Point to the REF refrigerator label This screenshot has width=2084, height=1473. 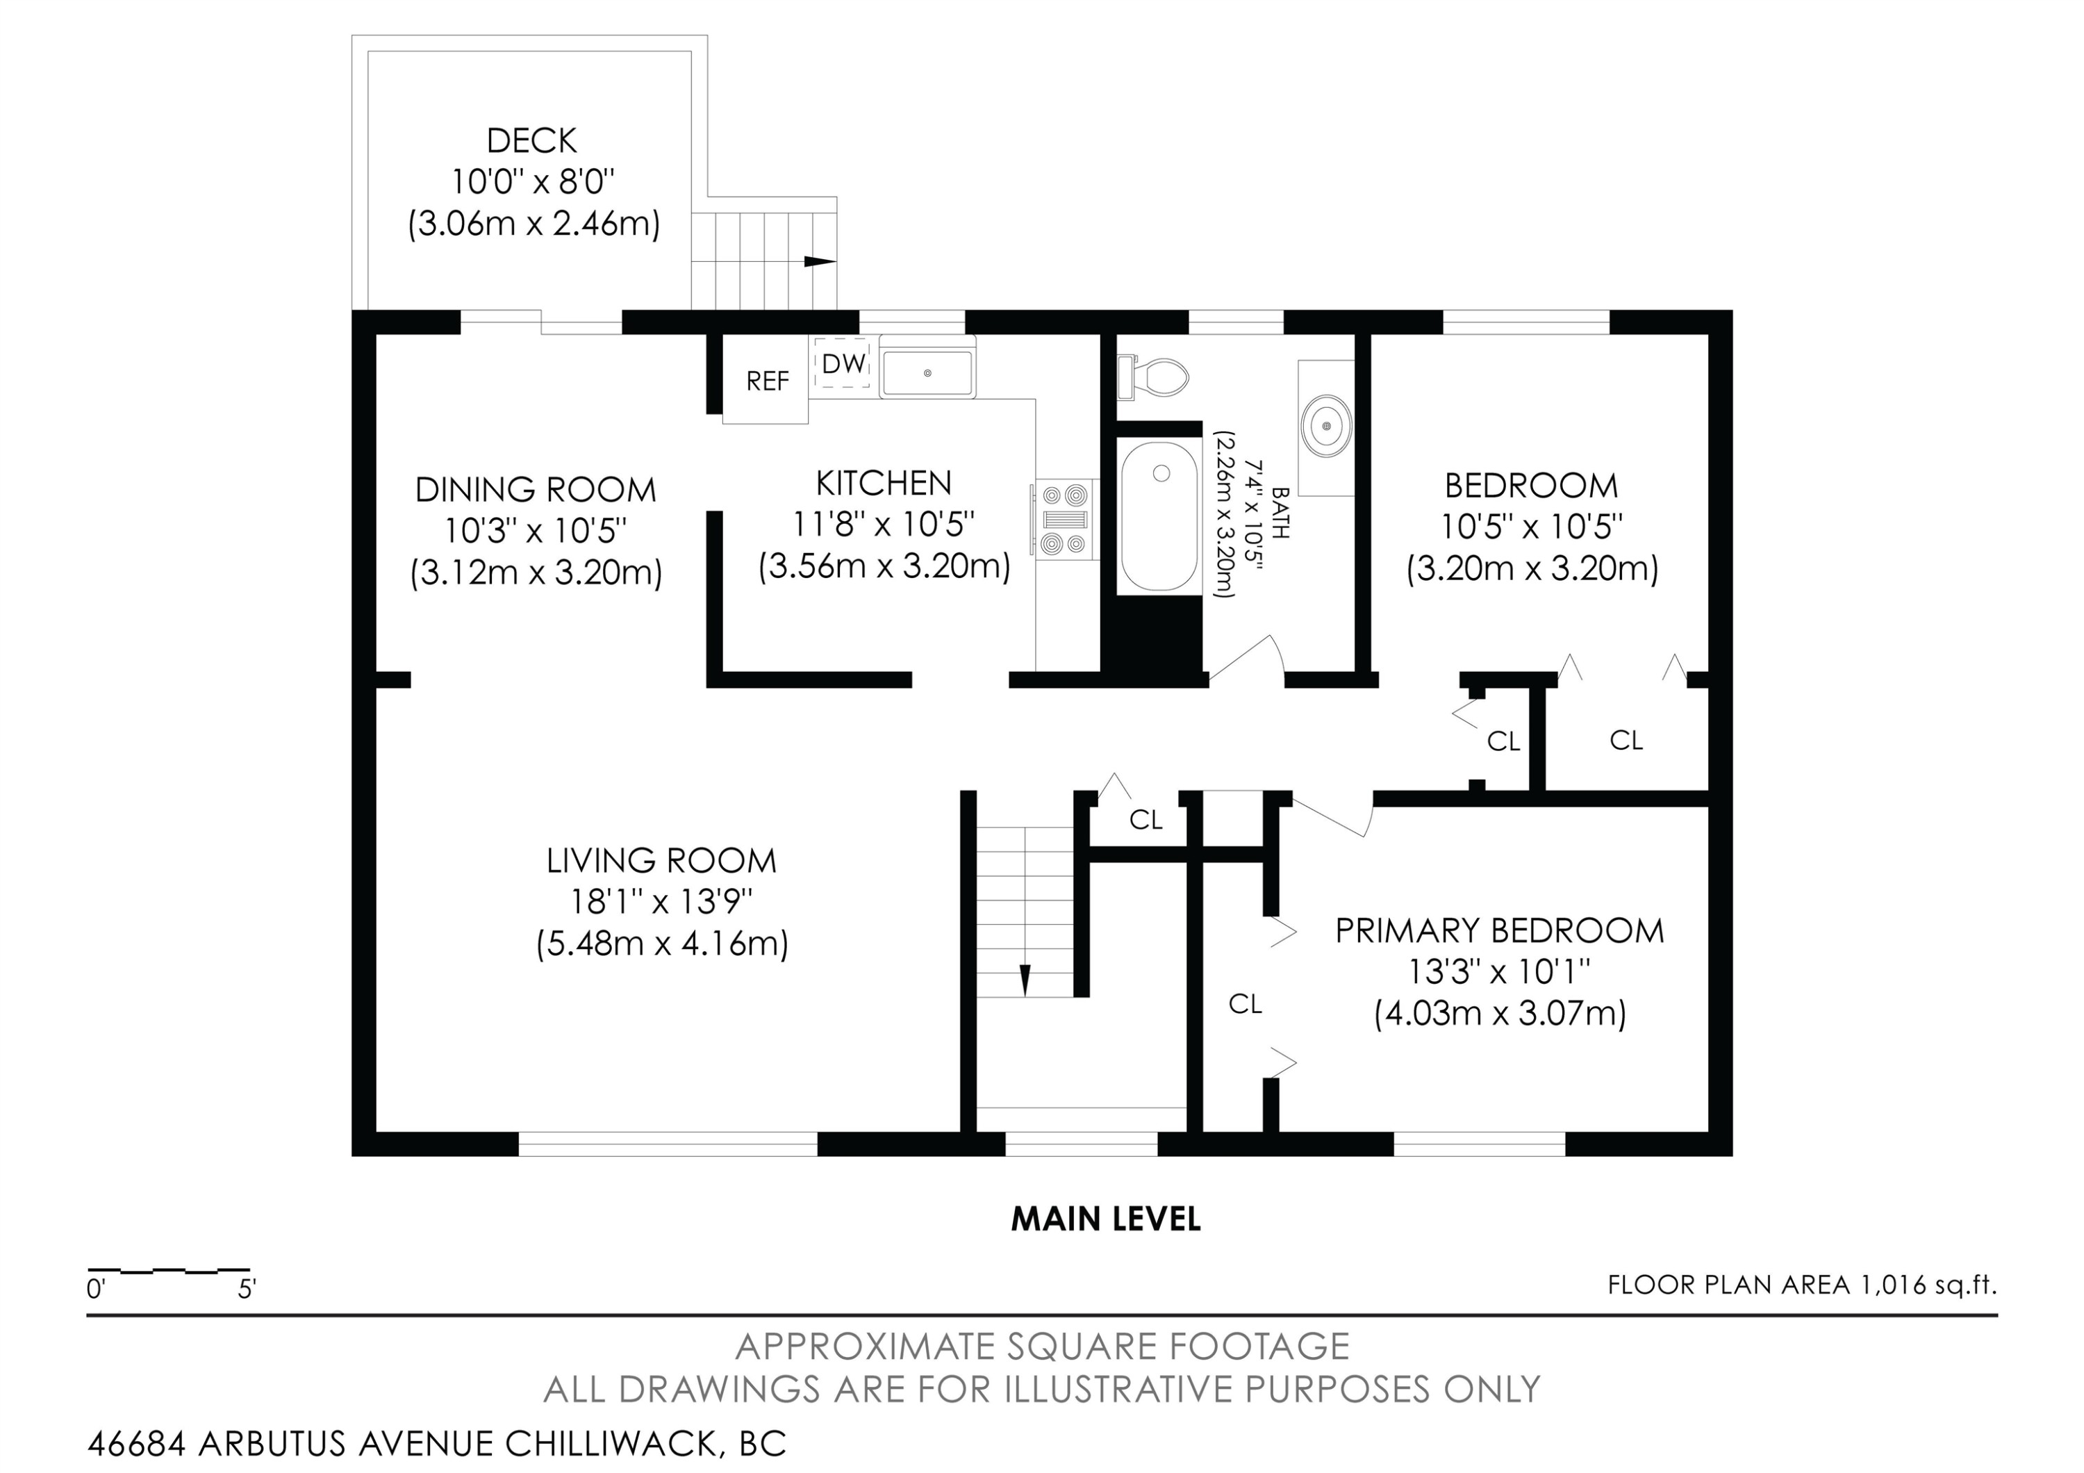point(767,381)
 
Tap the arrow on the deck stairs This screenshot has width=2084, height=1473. point(820,262)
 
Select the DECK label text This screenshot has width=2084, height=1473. point(532,140)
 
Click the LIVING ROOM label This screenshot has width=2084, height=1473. point(662,860)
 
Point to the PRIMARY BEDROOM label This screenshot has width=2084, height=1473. point(1500,930)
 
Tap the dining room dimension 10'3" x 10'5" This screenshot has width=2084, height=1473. point(536,531)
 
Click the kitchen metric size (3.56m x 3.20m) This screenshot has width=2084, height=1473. point(884,566)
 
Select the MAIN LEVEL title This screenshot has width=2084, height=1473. point(1105,1219)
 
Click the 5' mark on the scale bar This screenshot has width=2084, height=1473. point(247,1289)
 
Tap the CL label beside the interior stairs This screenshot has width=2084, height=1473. point(1146,821)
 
